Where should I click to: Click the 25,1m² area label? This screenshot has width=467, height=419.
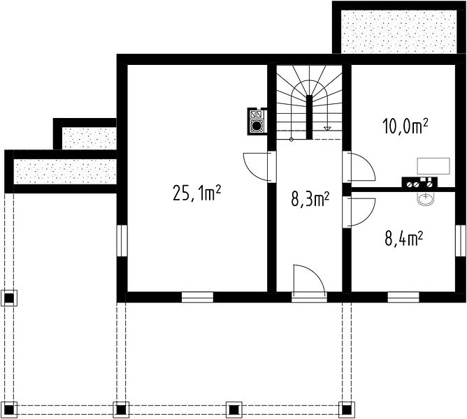click(x=196, y=193)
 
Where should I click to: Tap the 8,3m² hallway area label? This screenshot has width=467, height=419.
click(x=310, y=199)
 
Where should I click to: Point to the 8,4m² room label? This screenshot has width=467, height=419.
click(x=404, y=239)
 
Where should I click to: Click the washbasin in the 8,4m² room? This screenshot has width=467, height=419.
click(x=426, y=198)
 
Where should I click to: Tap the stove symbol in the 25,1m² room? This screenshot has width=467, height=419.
click(x=257, y=121)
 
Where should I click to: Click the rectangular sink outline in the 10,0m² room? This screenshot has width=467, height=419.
click(x=433, y=166)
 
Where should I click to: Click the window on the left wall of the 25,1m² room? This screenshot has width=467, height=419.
click(x=122, y=240)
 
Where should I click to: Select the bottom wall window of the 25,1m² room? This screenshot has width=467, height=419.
click(x=197, y=297)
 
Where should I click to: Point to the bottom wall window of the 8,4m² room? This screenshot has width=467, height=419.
click(x=403, y=297)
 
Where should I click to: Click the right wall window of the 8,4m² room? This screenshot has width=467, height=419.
click(x=460, y=240)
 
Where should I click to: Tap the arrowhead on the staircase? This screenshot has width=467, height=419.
click(x=327, y=128)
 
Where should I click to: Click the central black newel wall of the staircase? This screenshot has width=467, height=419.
click(x=310, y=117)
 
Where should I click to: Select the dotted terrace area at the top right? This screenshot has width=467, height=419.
click(x=398, y=31)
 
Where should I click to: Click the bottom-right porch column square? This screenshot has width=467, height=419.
click(x=346, y=410)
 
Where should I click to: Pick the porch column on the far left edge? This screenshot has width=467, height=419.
click(x=10, y=298)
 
